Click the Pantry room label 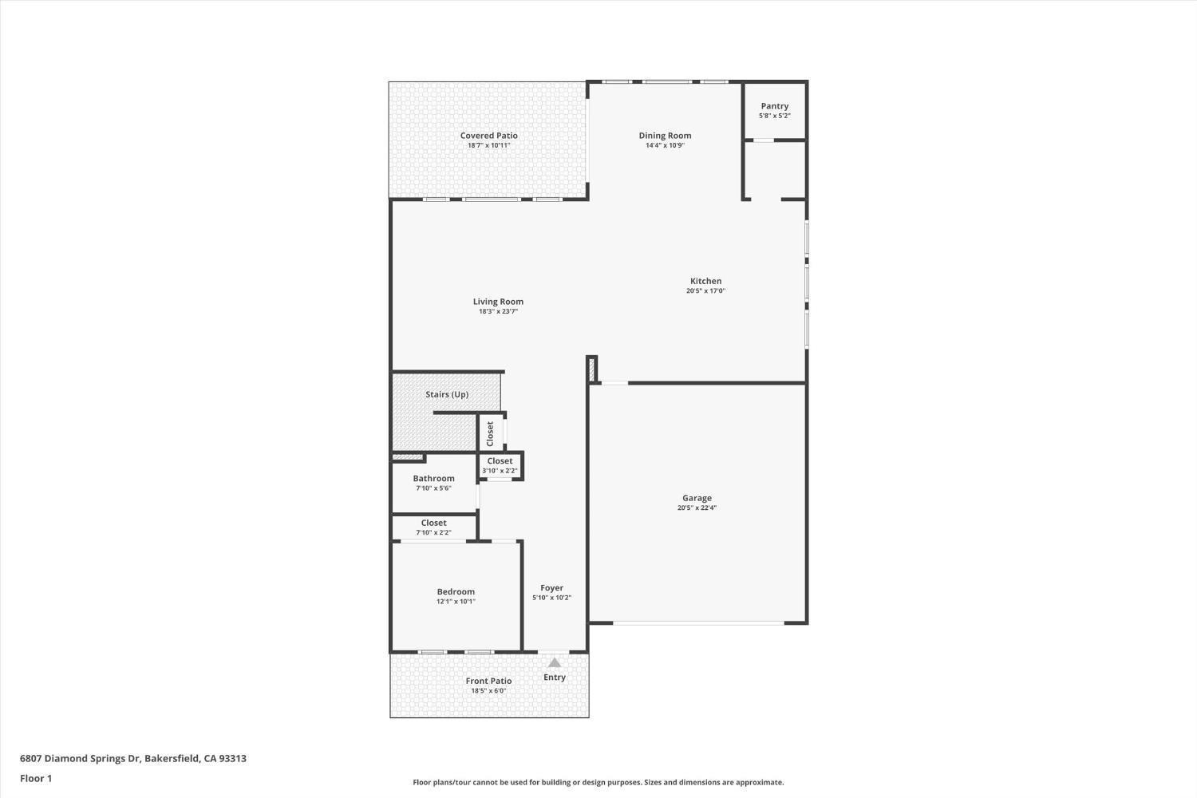[774, 106]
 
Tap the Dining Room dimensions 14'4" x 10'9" [665, 145]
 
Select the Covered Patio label [489, 136]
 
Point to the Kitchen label [705, 281]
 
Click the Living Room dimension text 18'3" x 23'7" [498, 311]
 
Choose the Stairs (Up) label [447, 394]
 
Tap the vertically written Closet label [490, 433]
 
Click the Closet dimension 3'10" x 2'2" [500, 471]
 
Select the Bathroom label [433, 478]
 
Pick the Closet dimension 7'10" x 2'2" [433, 532]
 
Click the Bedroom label [456, 591]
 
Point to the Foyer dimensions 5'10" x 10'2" [552, 598]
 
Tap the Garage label [697, 498]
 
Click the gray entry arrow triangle [555, 663]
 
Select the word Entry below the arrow [555, 678]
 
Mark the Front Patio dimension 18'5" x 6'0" [488, 690]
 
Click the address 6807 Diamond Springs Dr [80, 758]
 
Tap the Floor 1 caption [36, 778]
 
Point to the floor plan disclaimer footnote [598, 782]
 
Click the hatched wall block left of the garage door [591, 369]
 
